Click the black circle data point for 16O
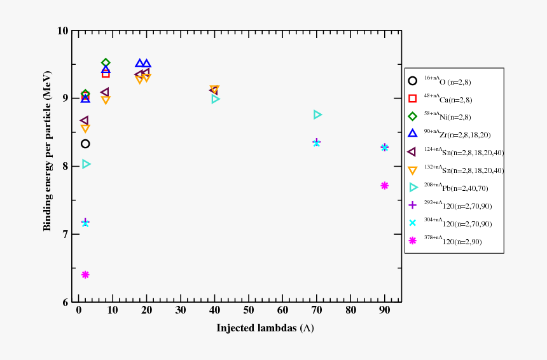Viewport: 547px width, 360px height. point(85,144)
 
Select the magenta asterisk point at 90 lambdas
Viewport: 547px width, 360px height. point(384,186)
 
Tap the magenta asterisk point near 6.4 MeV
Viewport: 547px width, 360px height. point(85,275)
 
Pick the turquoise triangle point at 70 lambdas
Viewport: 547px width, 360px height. point(317,114)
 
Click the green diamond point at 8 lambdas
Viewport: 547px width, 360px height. point(106,63)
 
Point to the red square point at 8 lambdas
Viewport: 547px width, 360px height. point(106,74)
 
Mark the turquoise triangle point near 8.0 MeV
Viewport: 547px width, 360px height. point(87,164)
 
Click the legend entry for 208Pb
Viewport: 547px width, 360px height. point(455,188)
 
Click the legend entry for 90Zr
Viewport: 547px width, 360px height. point(455,135)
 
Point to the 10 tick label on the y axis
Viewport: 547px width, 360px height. point(62,31)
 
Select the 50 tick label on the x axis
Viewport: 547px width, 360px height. point(249,310)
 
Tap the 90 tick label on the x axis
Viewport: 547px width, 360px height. point(384,310)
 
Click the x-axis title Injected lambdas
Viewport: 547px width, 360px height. point(265,328)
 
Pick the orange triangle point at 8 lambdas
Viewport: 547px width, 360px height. point(106,100)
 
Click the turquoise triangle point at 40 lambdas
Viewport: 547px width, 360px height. point(216,99)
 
